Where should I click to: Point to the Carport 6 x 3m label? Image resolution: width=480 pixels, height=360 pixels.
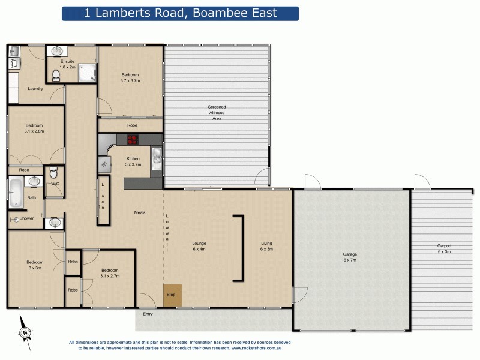point(444,249)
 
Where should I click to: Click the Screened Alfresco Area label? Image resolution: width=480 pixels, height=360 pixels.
point(217,113)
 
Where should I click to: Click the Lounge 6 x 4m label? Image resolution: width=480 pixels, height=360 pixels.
point(199,246)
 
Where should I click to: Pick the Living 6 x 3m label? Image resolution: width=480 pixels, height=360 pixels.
point(266,246)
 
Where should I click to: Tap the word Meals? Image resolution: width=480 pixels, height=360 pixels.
point(139,212)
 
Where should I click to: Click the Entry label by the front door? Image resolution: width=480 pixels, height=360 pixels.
point(148,314)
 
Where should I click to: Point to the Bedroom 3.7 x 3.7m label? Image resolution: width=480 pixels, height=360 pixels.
point(130,77)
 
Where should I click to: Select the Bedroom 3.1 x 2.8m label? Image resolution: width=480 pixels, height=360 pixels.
point(34,128)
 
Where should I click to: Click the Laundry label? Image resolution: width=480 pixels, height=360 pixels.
point(35,89)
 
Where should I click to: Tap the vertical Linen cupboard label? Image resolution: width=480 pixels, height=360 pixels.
point(103,196)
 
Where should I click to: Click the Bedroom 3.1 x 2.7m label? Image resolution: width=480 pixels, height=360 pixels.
point(109,273)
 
